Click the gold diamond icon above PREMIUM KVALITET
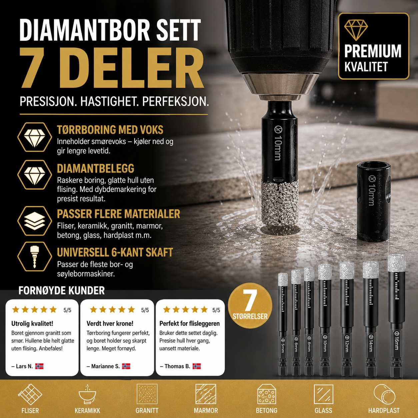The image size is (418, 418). click(356, 30)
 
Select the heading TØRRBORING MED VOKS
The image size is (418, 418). click(110, 130)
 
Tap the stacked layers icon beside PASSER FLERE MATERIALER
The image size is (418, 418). click(34, 221)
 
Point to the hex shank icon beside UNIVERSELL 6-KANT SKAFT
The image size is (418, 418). click(34, 257)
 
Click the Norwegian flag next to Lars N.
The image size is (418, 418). click(39, 366)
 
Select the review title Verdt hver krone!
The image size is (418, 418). click(110, 323)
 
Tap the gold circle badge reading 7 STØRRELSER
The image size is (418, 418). click(250, 305)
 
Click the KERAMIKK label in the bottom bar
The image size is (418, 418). click(87, 411)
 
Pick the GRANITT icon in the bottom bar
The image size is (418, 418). click(147, 394)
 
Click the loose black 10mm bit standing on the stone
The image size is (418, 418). click(374, 201)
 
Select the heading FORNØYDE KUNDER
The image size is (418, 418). click(62, 290)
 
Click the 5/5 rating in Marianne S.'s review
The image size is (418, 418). click(145, 310)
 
